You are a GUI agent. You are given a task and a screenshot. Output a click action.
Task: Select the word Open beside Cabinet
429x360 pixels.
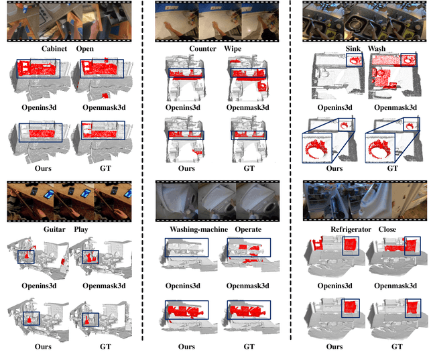[85, 49]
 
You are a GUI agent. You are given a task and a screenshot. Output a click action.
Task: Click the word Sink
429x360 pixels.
[354, 49]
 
